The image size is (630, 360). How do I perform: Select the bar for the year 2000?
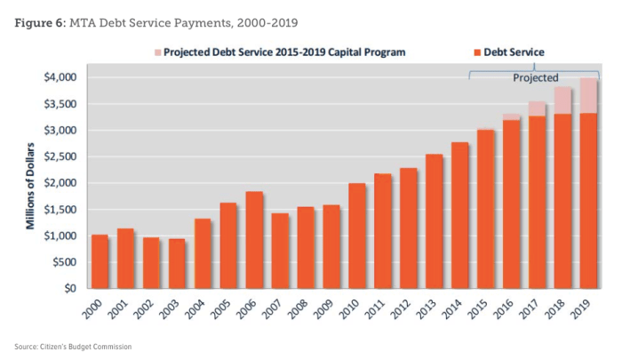point(100,261)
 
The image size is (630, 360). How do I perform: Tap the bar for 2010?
point(357,236)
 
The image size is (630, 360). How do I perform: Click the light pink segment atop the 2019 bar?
point(588,95)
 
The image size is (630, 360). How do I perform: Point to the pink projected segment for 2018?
point(562,100)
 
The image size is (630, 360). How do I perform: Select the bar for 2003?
point(177,263)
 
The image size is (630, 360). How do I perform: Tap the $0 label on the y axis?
point(72,289)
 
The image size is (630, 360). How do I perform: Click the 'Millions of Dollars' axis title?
point(32,183)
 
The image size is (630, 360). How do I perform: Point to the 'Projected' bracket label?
point(536,78)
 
